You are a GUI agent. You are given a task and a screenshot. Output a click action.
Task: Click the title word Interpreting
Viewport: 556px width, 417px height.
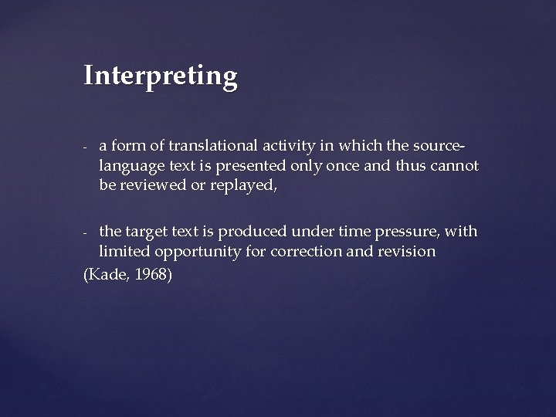(161, 76)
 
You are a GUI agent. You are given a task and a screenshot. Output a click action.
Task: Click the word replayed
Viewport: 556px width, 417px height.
(237, 185)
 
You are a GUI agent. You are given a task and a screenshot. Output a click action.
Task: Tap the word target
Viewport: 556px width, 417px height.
(146, 232)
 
